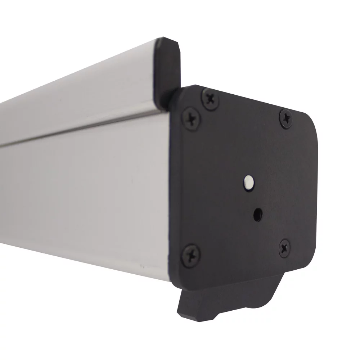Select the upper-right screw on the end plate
tap(287, 118)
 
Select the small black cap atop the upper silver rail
tap(166, 68)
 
